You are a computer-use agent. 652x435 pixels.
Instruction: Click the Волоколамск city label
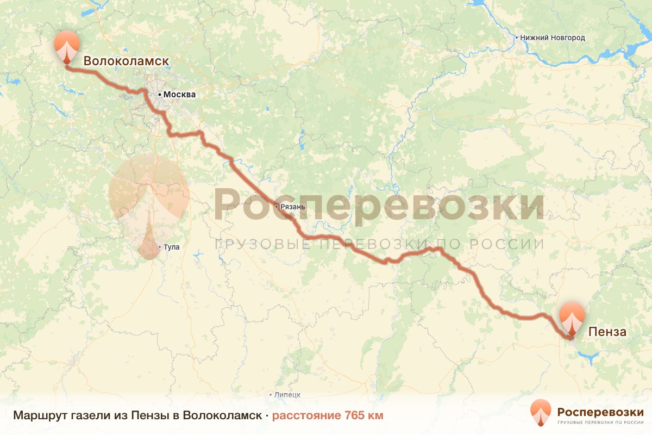pos(126,61)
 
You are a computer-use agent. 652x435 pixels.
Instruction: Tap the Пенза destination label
pos(607,332)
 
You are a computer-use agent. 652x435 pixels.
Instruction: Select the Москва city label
pos(179,95)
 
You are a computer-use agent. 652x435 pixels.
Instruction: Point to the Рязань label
pos(293,207)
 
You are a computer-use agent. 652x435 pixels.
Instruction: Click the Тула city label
pos(171,247)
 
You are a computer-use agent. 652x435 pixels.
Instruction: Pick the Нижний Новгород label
pos(552,38)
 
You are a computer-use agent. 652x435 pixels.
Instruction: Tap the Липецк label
pos(287,395)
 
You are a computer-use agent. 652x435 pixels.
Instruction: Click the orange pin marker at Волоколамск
pos(67,47)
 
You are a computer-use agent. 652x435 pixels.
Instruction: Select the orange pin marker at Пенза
pos(572,319)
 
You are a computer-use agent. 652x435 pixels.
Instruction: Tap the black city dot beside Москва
pos(159,95)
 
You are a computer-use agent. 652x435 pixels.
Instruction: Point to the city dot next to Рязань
pos(277,207)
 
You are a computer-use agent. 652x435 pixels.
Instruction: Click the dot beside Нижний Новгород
pos(516,38)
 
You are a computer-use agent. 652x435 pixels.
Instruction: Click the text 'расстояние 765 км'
pos(328,415)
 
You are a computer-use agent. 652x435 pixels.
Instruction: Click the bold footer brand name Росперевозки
pos(600,412)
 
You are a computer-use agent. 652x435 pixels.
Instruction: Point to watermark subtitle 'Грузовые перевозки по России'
pos(379,244)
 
